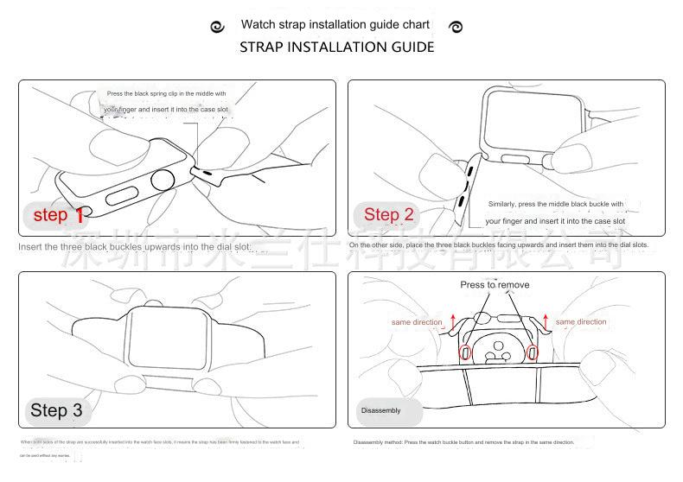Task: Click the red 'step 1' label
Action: click(x=58, y=215)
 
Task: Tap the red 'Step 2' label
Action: click(x=388, y=214)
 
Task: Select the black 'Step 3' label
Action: click(x=56, y=409)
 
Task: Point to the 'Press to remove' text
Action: click(x=495, y=285)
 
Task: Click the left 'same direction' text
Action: click(x=417, y=322)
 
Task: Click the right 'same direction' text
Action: click(x=581, y=322)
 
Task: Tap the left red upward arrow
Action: click(x=450, y=321)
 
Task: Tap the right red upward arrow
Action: click(x=546, y=321)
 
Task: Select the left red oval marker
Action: click(x=464, y=352)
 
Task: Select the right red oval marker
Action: click(x=532, y=352)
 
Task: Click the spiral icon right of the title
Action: click(x=456, y=27)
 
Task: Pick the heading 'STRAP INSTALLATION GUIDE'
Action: click(x=336, y=47)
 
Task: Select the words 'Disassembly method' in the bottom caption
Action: click(x=378, y=442)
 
